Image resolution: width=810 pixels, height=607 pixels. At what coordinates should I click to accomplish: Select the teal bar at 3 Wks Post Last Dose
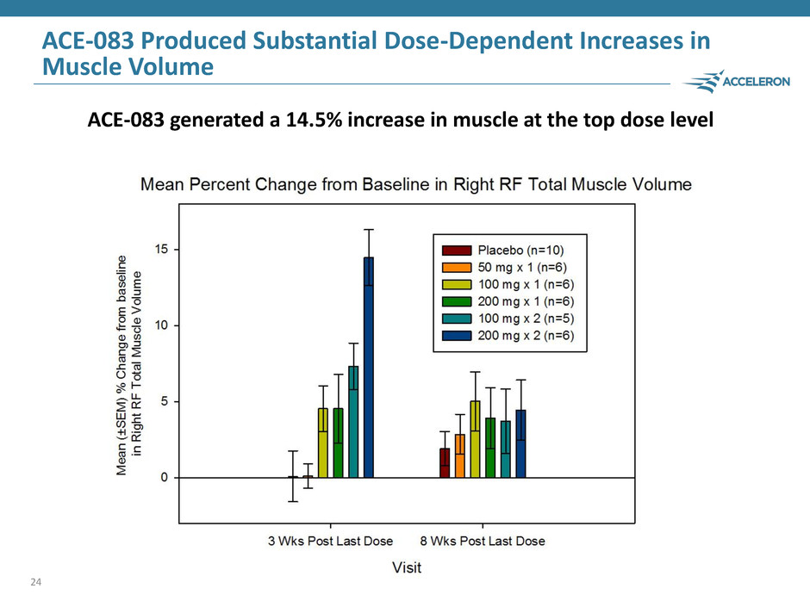(353, 422)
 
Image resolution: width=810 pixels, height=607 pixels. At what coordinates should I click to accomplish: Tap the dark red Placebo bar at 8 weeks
(445, 462)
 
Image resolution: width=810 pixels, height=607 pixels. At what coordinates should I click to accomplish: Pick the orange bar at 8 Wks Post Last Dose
(460, 455)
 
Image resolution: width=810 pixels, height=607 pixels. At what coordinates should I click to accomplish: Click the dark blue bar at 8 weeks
(520, 443)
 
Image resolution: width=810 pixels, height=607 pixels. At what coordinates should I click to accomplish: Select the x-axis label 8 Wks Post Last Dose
(483, 541)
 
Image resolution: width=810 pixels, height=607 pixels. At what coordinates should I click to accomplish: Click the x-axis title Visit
(406, 567)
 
